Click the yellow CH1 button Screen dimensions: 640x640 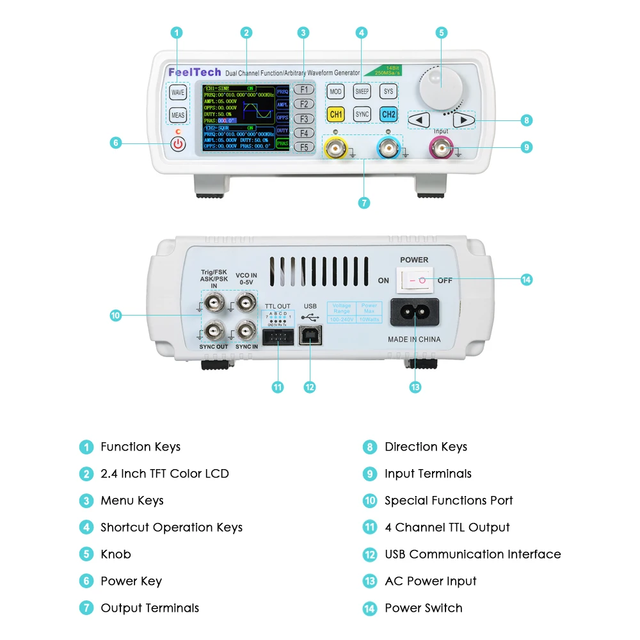coord(335,115)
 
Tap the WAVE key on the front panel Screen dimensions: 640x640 coord(178,92)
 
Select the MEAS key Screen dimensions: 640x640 coord(178,116)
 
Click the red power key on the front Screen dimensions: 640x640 coord(178,143)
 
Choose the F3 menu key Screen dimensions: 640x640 coord(304,119)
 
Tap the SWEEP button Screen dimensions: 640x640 coord(362,92)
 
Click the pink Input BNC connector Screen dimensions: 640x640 coord(442,150)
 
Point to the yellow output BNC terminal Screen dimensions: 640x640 coord(335,150)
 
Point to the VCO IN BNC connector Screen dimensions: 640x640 coord(244,301)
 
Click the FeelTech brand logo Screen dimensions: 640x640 coord(194,72)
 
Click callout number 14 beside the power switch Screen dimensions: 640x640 coord(526,280)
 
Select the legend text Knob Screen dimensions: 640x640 coord(115,554)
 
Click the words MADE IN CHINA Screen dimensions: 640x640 coord(414,339)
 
